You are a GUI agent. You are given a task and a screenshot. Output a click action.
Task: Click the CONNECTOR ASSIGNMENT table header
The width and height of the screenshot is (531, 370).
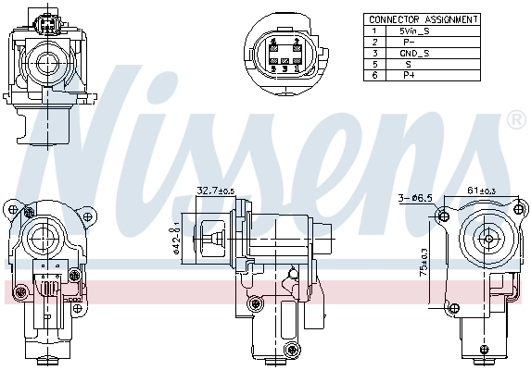click(423, 18)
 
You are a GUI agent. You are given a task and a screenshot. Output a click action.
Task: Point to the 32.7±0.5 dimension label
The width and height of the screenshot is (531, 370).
click(215, 191)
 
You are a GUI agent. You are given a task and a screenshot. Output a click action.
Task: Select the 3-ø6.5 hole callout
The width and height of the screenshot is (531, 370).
click(413, 198)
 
